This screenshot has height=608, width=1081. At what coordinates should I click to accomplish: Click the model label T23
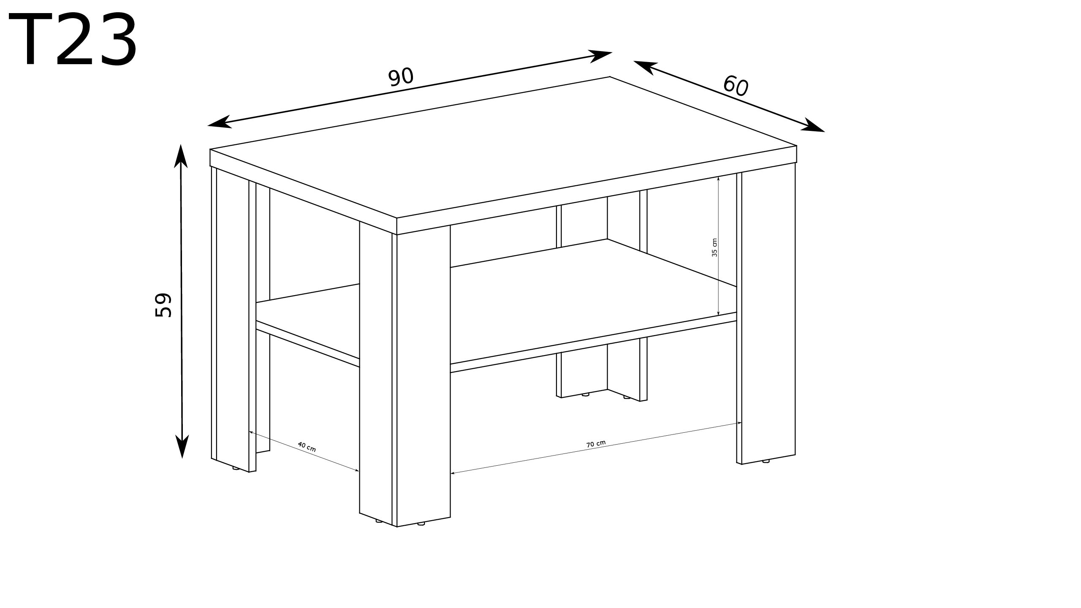73,40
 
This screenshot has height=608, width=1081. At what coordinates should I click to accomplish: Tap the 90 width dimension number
401,77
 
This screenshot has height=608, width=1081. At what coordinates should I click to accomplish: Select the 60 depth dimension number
736,86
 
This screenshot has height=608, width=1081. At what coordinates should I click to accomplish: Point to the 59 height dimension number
163,304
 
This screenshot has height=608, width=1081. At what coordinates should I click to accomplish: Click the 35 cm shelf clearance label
714,247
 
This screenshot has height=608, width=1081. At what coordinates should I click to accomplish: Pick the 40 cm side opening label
307,447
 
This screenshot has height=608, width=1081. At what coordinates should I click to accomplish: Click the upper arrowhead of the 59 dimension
181,156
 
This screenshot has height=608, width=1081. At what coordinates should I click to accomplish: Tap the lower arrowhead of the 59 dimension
182,446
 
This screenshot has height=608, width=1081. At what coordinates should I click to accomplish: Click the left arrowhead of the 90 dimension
219,122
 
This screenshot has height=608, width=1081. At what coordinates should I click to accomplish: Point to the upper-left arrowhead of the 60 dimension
645,67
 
